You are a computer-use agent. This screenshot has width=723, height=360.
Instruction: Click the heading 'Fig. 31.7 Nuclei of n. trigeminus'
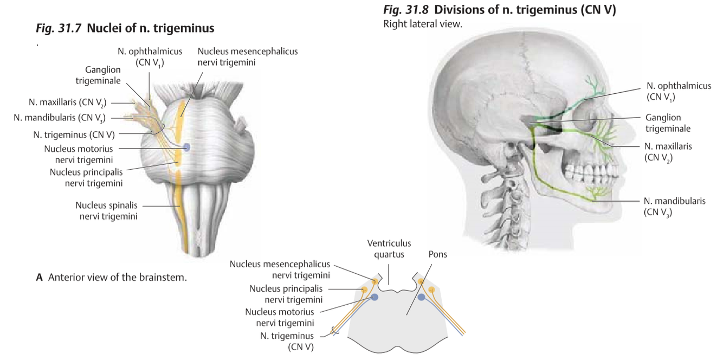click(125, 28)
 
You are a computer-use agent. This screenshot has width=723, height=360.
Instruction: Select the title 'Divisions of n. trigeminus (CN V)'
click(525, 10)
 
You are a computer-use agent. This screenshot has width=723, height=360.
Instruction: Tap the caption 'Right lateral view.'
click(423, 24)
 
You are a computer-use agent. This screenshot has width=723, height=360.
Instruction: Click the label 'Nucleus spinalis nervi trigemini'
click(107, 211)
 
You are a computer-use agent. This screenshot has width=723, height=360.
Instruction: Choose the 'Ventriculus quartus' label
click(389, 248)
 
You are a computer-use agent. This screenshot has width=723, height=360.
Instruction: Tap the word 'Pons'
click(437, 254)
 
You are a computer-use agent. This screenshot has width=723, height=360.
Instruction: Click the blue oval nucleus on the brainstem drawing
click(186, 146)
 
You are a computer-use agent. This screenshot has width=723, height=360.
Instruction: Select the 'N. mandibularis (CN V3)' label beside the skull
click(674, 206)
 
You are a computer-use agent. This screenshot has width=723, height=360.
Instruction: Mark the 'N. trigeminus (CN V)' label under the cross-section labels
click(287, 341)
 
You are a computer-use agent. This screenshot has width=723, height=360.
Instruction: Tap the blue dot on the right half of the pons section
click(421, 297)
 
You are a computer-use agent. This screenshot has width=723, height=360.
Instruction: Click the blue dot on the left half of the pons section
click(374, 297)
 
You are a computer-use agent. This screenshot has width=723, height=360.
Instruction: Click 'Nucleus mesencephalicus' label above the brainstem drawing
click(248, 56)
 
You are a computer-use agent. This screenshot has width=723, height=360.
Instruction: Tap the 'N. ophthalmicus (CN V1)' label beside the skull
click(679, 91)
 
